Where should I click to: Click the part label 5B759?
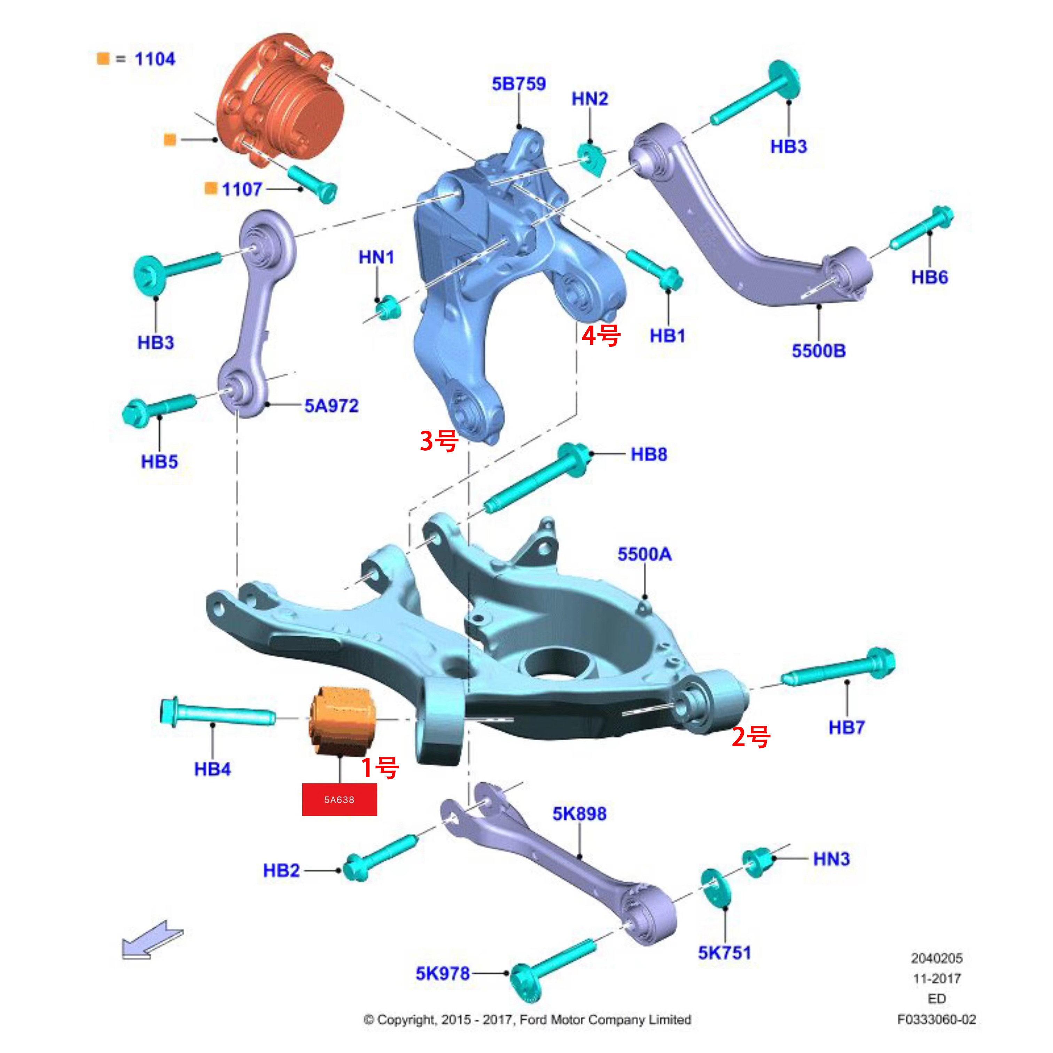[x=518, y=84]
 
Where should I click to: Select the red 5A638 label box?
[x=340, y=799]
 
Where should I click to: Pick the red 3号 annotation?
[x=439, y=440]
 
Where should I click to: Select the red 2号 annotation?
[x=750, y=737]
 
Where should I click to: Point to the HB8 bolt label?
[x=649, y=454]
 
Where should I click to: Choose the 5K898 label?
[x=579, y=814]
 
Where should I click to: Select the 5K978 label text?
[x=443, y=973]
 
